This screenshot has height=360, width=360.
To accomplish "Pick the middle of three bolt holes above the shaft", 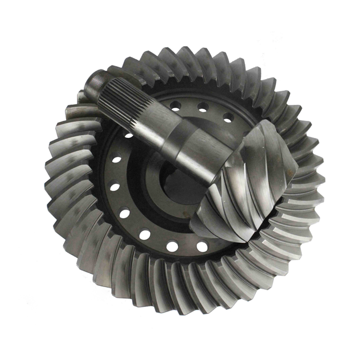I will (x=202, y=107).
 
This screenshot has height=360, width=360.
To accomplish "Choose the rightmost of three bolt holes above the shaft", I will (x=228, y=118).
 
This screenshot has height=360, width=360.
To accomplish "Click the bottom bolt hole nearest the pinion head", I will (x=202, y=247).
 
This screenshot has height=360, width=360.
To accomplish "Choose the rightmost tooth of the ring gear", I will (x=313, y=182).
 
